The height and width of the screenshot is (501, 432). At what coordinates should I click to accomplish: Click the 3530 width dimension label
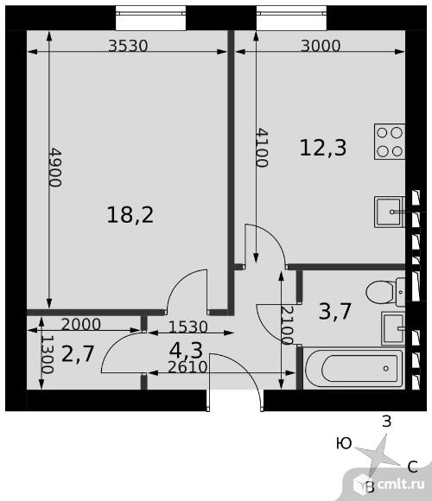point(128,46)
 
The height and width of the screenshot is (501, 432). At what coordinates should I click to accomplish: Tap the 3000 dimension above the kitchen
point(321,46)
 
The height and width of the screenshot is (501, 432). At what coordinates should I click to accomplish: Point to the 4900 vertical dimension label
point(55,167)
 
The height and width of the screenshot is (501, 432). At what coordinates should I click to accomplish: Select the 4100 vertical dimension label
point(262,148)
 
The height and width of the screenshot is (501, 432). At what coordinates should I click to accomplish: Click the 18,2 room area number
point(130,215)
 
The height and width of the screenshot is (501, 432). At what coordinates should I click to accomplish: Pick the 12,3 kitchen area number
point(323,148)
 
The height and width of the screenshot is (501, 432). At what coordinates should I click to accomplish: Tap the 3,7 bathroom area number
point(335,311)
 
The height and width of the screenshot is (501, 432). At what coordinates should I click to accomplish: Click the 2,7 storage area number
point(78,353)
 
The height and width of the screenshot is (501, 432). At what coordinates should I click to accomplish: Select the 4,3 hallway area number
point(186,350)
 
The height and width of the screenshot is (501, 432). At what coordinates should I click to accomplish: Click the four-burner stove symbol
point(390,142)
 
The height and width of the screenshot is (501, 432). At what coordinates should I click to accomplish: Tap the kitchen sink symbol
point(390,212)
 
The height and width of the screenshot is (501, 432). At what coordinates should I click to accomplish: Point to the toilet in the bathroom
point(385,292)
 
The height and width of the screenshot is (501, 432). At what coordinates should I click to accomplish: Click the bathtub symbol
point(354,368)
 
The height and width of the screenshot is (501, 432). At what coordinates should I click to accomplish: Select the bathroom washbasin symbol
point(393,328)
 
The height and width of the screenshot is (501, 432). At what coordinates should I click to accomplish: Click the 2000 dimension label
point(81,325)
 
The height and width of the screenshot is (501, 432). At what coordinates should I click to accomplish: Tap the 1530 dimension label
point(188,327)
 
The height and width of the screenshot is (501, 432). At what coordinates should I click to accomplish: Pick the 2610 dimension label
point(187,367)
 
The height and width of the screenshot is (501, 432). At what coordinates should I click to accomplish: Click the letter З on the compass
point(386,422)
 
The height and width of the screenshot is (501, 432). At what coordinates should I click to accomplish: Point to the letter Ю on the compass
point(344,443)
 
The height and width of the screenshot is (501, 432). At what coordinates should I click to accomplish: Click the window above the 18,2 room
point(150,18)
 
